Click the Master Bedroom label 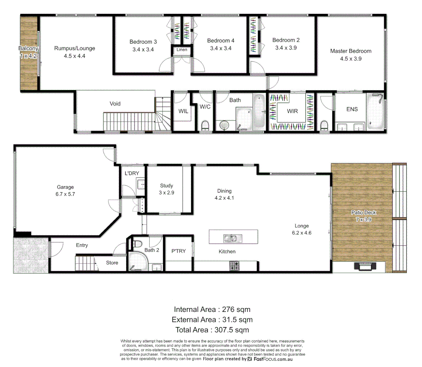point(351,51)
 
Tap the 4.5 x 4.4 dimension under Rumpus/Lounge point(74,56)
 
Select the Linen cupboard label point(182,50)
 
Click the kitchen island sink point(233,238)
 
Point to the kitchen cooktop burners point(234,265)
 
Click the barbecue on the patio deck point(365,266)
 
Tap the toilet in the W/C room point(205,125)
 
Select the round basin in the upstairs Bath point(224,125)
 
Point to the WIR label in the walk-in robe point(292,111)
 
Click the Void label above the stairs point(115,104)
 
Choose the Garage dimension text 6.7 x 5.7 point(65,194)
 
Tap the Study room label point(166,186)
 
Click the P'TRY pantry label point(179,251)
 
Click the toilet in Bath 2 point(137,244)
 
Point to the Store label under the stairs point(112,263)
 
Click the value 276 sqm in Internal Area point(236,310)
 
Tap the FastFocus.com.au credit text point(273,359)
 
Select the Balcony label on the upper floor point(28,49)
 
